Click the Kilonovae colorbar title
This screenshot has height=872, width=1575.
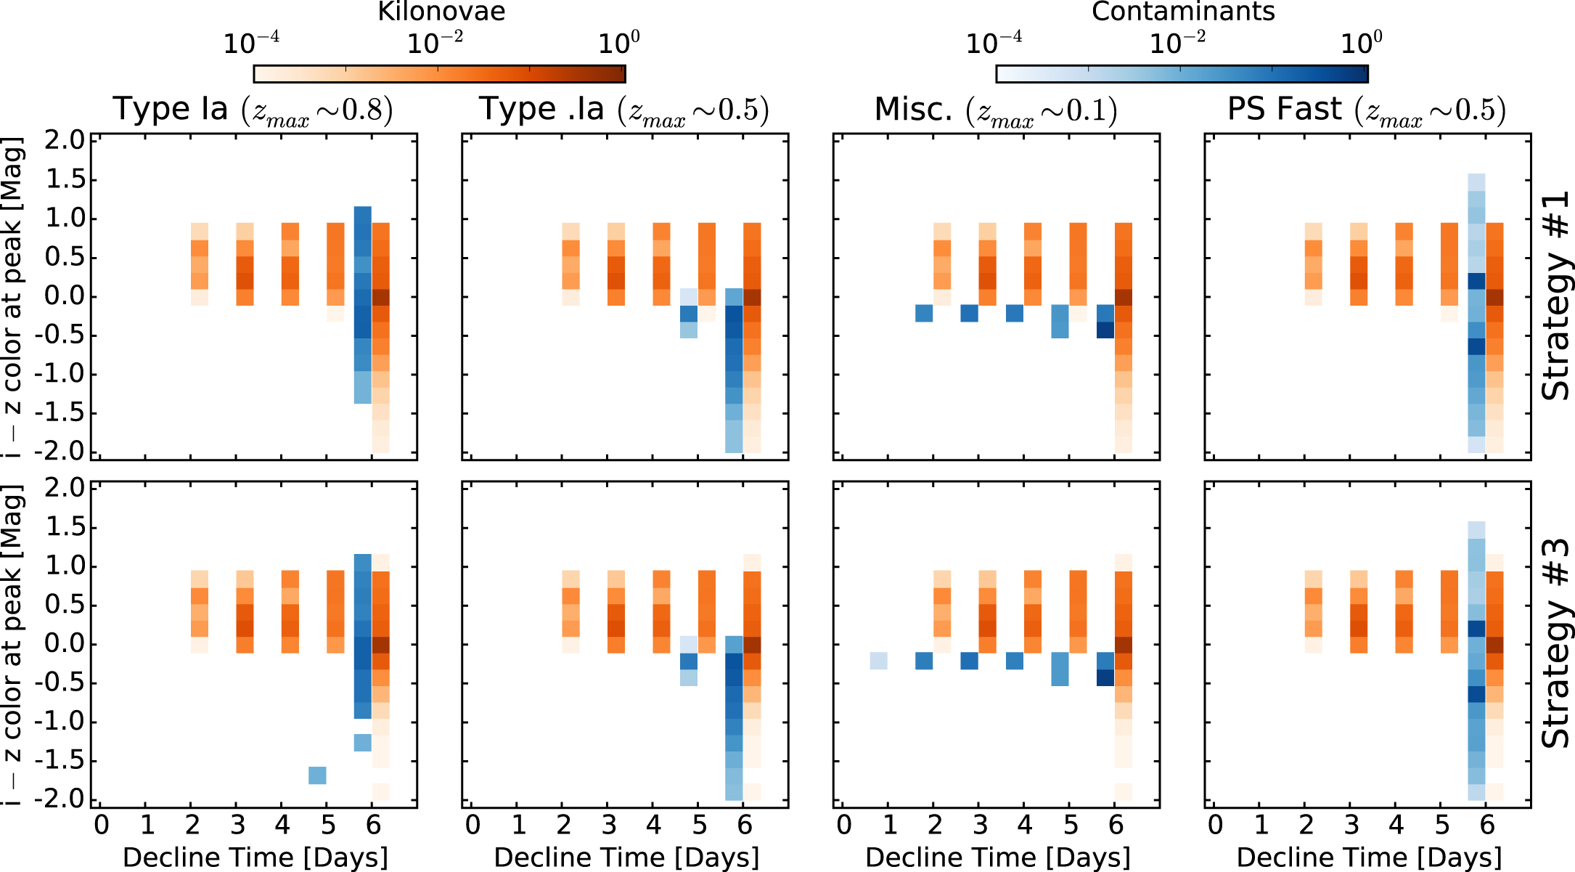click(441, 12)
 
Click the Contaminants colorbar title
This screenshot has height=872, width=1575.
click(1183, 12)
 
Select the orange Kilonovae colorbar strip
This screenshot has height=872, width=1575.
click(439, 74)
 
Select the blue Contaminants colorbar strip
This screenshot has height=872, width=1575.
click(1182, 74)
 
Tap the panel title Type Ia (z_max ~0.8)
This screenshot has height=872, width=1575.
click(253, 110)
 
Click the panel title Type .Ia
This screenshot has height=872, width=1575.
click(623, 110)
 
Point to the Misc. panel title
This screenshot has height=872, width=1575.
click(995, 110)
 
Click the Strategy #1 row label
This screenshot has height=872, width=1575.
click(1555, 296)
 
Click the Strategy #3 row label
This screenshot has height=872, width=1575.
click(1555, 643)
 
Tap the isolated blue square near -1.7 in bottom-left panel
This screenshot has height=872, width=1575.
click(317, 775)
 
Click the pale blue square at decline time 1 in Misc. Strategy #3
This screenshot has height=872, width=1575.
click(878, 661)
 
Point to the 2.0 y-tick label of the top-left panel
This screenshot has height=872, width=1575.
click(65, 139)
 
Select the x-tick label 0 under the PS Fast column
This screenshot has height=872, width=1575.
click(1215, 826)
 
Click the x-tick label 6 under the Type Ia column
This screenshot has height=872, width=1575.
click(373, 826)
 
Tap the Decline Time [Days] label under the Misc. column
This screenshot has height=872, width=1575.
click(998, 857)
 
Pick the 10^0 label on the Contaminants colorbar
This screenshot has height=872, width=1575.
click(1361, 44)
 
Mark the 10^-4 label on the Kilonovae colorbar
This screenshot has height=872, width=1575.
click(251, 44)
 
